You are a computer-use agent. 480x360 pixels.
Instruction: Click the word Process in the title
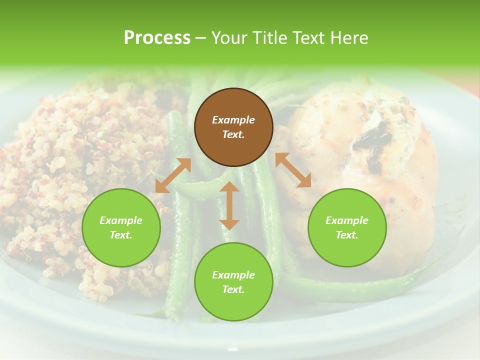tap(157, 38)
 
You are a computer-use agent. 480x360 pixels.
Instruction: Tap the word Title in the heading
tap(272, 38)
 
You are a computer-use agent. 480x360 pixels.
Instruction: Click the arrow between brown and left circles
tap(173, 175)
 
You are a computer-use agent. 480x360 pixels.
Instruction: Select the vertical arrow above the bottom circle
tap(229, 205)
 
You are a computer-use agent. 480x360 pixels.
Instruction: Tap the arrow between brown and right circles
tap(293, 170)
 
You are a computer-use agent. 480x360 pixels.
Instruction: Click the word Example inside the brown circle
tap(233, 120)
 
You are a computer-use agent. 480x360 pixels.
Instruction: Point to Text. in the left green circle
tap(121, 235)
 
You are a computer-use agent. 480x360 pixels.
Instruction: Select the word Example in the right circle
tap(347, 220)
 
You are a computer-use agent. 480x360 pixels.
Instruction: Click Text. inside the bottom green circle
tap(233, 289)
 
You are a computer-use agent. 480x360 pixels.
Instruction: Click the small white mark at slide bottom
tap(232, 349)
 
